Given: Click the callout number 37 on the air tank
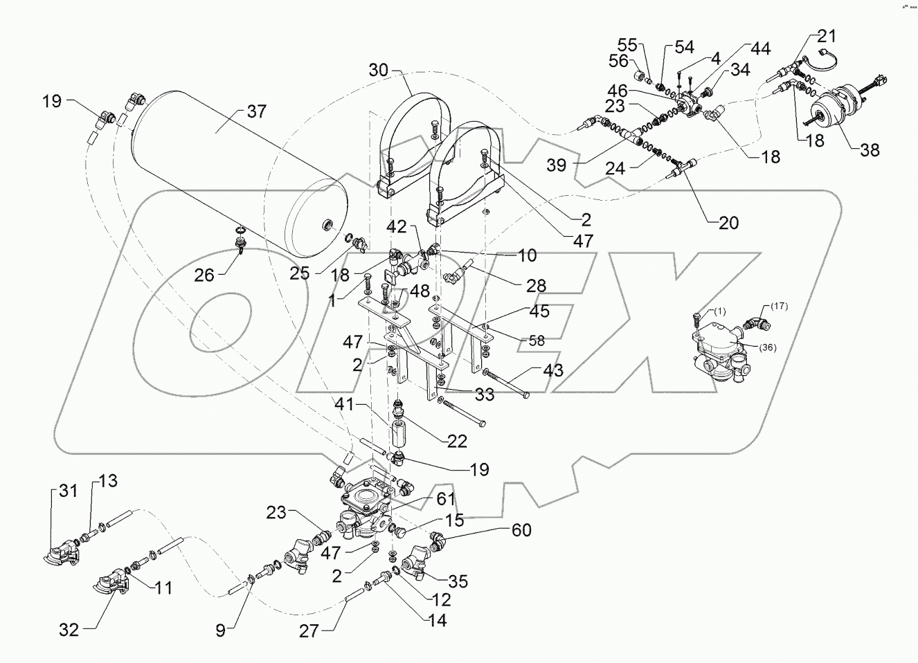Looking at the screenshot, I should pyautogui.click(x=256, y=111).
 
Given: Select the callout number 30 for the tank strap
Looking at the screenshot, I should pyautogui.click(x=379, y=69).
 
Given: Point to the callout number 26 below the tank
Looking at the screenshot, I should pyautogui.click(x=204, y=275).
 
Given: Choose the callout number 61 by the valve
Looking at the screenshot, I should pyautogui.click(x=446, y=498).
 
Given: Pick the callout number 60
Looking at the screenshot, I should pyautogui.click(x=521, y=530).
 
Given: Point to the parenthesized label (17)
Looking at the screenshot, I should pyautogui.click(x=777, y=306).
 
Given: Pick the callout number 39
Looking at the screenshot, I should pyautogui.click(x=557, y=165).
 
